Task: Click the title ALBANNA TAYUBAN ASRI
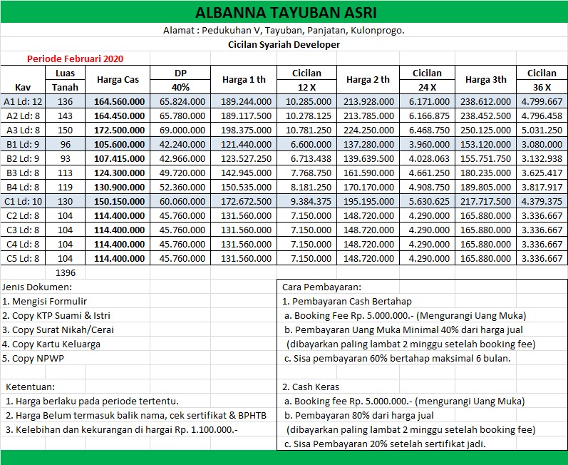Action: coord(284,13)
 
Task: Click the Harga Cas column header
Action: coord(118,79)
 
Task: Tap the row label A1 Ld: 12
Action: coord(24,101)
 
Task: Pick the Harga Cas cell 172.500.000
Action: coord(120,129)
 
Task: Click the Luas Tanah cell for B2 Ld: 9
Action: coord(66,158)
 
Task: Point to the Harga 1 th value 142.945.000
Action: coord(246,172)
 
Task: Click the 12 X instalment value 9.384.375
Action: coord(307,200)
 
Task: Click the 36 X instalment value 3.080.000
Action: coord(542,143)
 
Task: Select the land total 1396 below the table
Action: coord(66,272)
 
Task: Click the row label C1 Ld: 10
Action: coord(24,200)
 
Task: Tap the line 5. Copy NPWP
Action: coord(33,358)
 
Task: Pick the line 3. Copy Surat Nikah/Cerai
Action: coord(58,329)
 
